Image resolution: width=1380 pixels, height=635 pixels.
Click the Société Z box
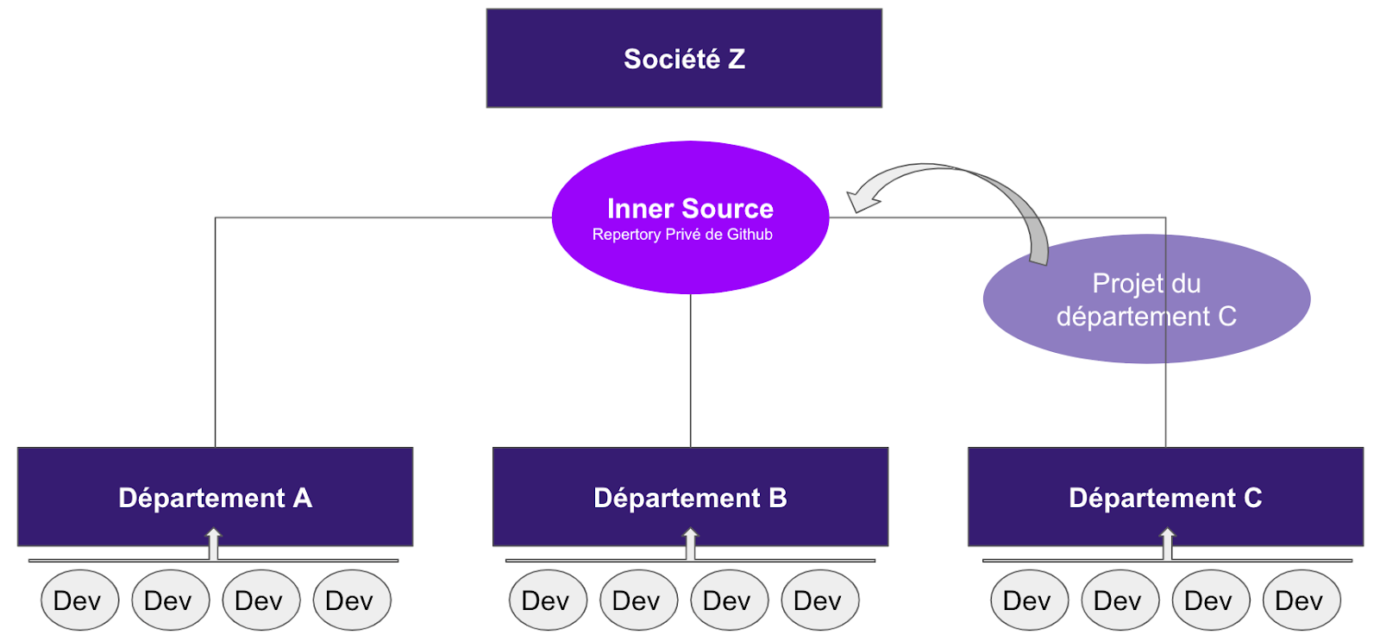(x=683, y=59)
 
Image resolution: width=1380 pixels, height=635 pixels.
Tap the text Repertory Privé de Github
(x=682, y=235)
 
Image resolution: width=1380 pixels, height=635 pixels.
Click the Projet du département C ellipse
(x=1146, y=299)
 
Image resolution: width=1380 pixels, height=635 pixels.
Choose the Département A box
(x=215, y=497)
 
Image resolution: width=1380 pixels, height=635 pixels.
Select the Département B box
(x=690, y=497)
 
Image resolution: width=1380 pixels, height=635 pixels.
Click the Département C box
(x=1165, y=497)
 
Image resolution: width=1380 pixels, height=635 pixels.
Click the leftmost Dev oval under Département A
(x=79, y=600)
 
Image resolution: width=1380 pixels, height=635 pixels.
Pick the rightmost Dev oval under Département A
(x=352, y=600)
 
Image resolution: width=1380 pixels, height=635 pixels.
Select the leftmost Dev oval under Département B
(x=548, y=600)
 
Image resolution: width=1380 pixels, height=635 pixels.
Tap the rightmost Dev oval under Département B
(x=819, y=600)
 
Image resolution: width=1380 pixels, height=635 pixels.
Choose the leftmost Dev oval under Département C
(x=1029, y=600)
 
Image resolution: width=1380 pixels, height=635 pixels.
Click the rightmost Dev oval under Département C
(x=1301, y=600)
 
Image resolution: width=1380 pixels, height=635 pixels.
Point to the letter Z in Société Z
(x=736, y=59)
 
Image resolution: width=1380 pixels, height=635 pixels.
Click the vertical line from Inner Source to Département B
(x=691, y=371)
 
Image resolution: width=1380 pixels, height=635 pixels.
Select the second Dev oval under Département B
(x=638, y=600)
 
